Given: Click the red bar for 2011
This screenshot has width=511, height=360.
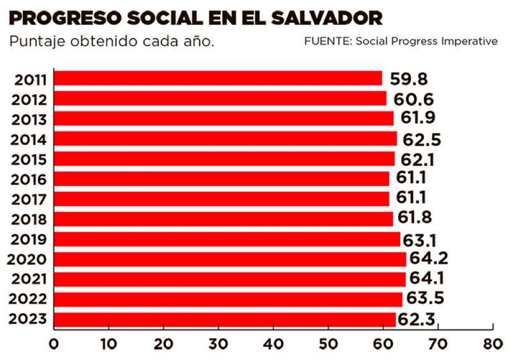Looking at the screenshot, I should click(218, 79).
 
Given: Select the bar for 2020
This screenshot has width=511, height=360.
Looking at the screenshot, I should click(230, 259).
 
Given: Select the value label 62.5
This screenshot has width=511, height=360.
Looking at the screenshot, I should click(420, 139).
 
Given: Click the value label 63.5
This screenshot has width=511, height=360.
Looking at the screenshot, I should click(423, 299).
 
